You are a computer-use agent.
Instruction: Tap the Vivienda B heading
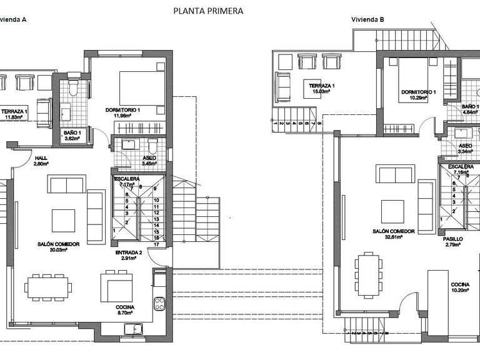367,19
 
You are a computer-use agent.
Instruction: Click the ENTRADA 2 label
129,252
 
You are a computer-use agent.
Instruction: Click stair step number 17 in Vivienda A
156,244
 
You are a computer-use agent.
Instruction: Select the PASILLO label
452,239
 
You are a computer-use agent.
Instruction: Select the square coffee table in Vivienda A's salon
63,220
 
